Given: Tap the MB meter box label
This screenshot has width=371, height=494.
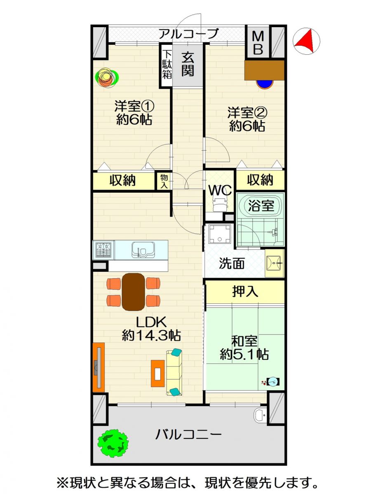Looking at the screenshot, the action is (x=258, y=43).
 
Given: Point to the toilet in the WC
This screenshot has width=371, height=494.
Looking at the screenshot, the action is (x=220, y=203).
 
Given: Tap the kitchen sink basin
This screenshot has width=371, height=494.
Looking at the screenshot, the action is (x=143, y=250).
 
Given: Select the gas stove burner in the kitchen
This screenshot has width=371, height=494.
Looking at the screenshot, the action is (x=103, y=250).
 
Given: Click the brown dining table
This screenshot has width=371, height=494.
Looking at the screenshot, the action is (x=133, y=292).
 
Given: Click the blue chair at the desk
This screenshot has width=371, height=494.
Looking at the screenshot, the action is (x=265, y=84).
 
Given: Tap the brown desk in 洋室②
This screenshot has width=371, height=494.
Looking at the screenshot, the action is (x=265, y=70).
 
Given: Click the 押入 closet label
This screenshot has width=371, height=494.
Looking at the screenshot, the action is (x=245, y=292).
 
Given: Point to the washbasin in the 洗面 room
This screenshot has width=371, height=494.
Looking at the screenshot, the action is (x=274, y=263).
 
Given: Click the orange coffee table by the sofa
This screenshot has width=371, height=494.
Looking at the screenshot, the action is (x=158, y=373).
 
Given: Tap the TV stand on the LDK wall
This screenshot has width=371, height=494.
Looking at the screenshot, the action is (x=99, y=367).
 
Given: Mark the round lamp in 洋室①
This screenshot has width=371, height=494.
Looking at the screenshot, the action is (x=106, y=78).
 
